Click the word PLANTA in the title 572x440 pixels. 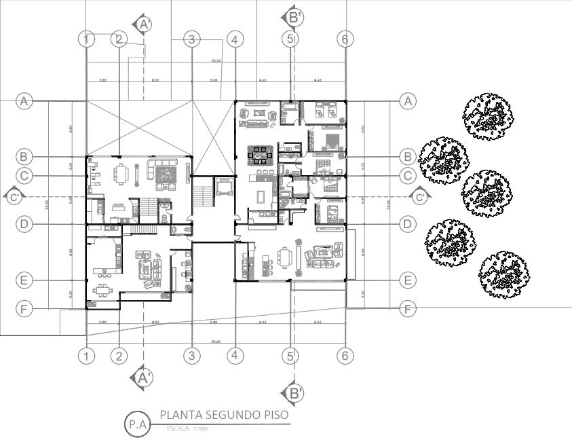tap(178, 415)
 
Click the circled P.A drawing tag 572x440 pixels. tap(137, 424)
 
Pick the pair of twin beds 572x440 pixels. tap(324, 108)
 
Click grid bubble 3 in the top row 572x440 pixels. tap(192, 39)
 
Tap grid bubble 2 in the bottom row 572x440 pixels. tap(119, 355)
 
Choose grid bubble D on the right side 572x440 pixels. tap(407, 223)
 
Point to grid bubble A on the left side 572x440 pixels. tap(24, 101)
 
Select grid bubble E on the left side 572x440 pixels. tap(24, 280)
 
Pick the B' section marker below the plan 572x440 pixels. tap(294, 392)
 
